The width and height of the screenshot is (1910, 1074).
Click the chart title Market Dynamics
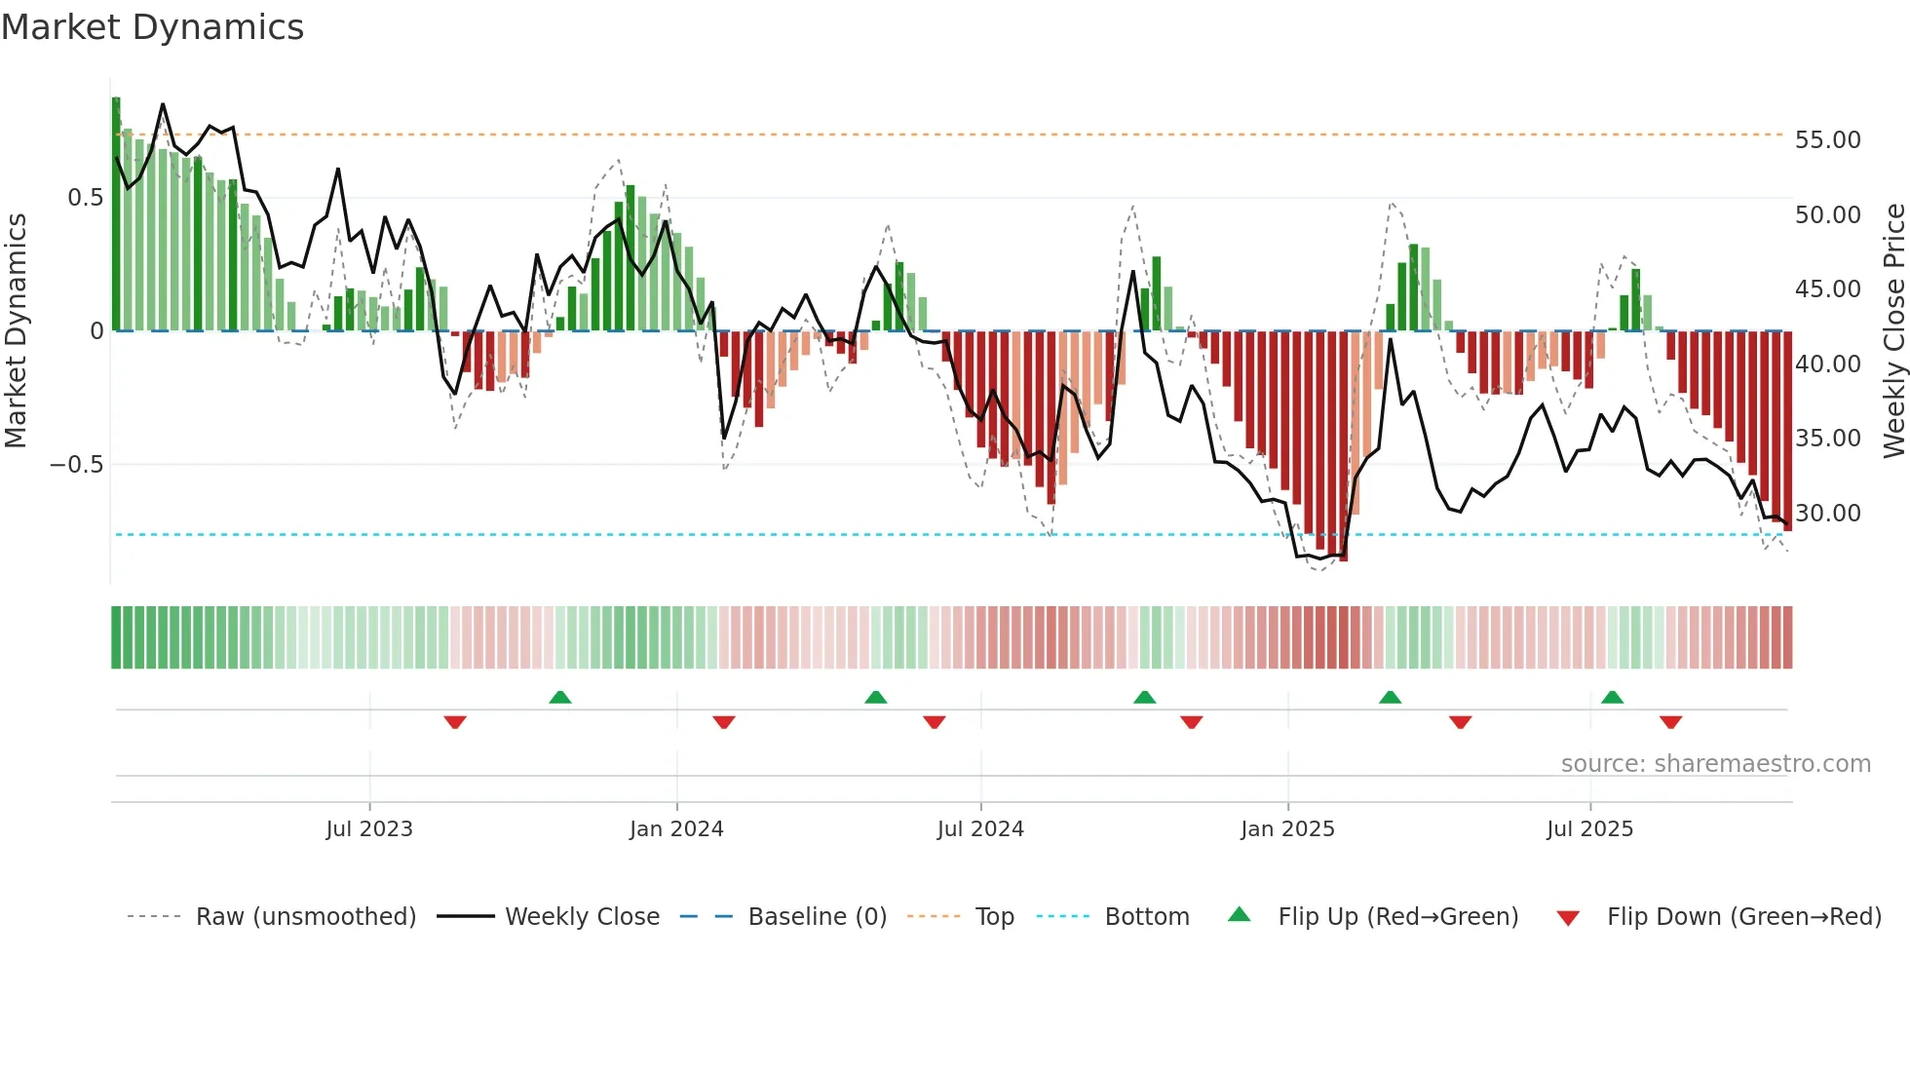click(152, 27)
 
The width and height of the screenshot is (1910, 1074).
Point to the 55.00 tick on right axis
click(1827, 140)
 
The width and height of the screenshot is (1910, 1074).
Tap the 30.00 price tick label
click(1827, 514)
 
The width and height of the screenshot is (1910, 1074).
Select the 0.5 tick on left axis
click(85, 198)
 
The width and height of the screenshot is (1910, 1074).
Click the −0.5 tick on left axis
click(77, 465)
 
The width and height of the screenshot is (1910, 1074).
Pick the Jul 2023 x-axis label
click(369, 829)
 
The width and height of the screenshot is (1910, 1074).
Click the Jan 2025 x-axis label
click(1287, 829)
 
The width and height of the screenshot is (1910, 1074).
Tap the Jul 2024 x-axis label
click(980, 829)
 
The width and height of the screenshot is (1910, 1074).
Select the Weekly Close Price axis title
click(1893, 330)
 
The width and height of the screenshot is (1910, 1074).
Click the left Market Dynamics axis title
click(16, 330)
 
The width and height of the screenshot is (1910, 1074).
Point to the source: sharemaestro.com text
click(1715, 764)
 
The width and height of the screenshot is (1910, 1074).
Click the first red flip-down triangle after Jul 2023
click(455, 722)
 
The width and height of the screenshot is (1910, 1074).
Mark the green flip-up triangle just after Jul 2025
click(1612, 697)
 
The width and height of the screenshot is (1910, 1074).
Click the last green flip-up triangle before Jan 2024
click(559, 697)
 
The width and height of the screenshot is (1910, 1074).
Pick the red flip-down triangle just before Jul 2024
click(934, 722)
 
